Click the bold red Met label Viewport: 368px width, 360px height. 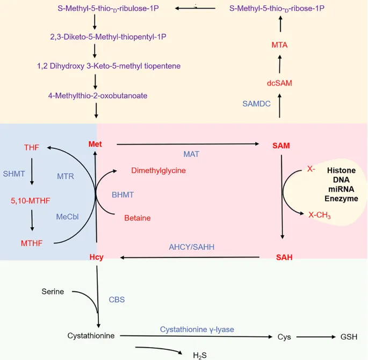pos(96,145)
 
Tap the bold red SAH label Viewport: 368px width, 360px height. pos(284,257)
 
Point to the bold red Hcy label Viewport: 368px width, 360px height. pos(97,257)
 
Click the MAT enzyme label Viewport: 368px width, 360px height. pos(191,154)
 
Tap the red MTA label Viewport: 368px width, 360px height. pos(279,45)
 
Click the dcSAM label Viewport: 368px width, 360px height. pos(279,83)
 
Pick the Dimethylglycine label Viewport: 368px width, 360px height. pos(158,170)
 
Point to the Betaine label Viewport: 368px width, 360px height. pos(137,218)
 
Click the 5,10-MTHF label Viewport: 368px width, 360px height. pos(30,201)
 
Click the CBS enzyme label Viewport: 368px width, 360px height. pos(117,299)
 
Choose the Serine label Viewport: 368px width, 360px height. pos(53,292)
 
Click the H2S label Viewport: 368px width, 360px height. pos(199,355)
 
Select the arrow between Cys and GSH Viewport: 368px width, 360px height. pos(314,337)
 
